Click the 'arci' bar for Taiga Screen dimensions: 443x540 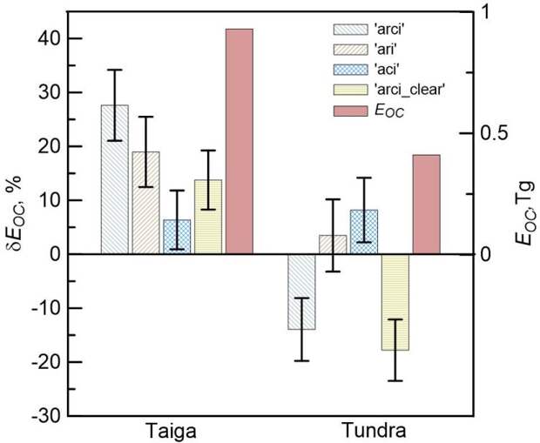pyautogui.click(x=114, y=179)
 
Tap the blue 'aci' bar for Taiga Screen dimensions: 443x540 pyautogui.click(x=177, y=237)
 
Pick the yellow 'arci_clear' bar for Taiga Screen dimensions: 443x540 pyautogui.click(x=208, y=217)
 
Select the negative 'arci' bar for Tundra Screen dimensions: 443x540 pyautogui.click(x=301, y=292)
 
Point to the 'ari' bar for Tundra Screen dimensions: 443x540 pyautogui.click(x=333, y=245)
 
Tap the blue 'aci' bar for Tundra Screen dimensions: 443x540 pyautogui.click(x=364, y=232)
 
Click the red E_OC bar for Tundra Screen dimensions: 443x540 pyautogui.click(x=426, y=205)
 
